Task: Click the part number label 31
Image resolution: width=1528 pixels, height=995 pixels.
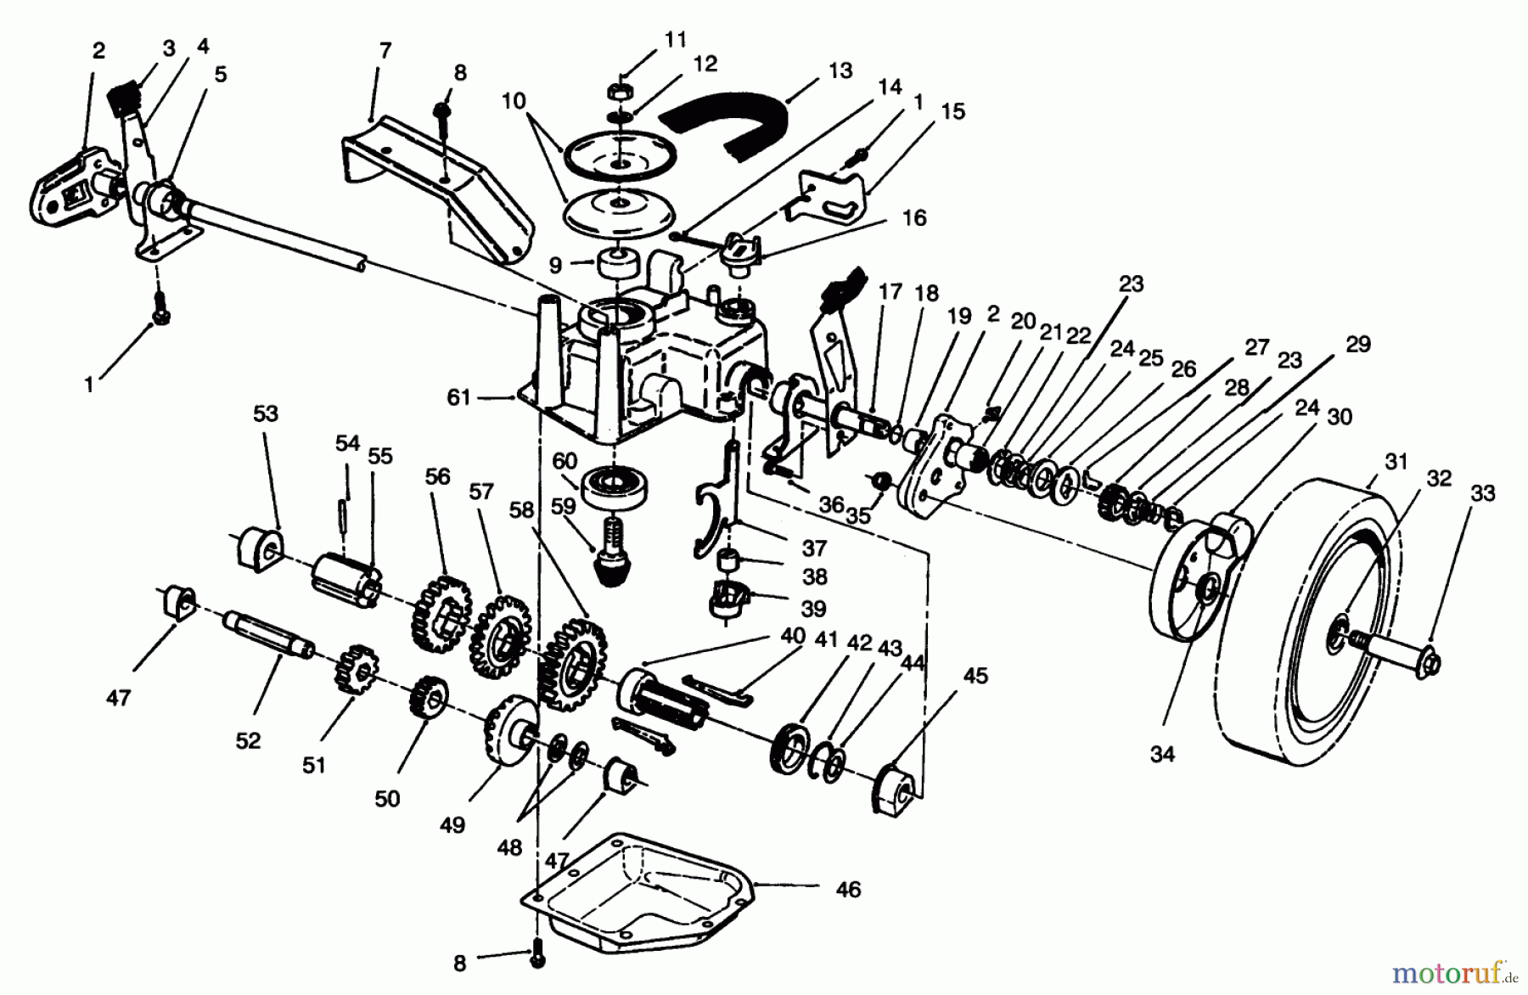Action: click(1396, 462)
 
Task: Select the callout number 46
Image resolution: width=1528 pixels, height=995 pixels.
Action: click(847, 889)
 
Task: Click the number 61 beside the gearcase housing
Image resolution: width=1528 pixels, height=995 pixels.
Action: click(458, 396)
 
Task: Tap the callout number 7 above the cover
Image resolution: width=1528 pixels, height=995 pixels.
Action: click(385, 51)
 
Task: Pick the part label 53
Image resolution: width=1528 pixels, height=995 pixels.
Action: click(266, 413)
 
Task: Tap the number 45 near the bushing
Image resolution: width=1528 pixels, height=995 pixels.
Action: click(975, 676)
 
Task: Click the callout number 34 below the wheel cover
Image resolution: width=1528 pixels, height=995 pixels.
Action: click(1162, 753)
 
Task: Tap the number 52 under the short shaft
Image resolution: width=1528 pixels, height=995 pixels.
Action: click(248, 740)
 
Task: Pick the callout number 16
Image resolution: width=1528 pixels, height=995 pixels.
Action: click(913, 217)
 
